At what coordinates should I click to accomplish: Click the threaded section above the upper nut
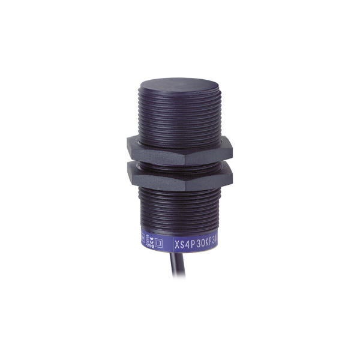pos(180,117)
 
